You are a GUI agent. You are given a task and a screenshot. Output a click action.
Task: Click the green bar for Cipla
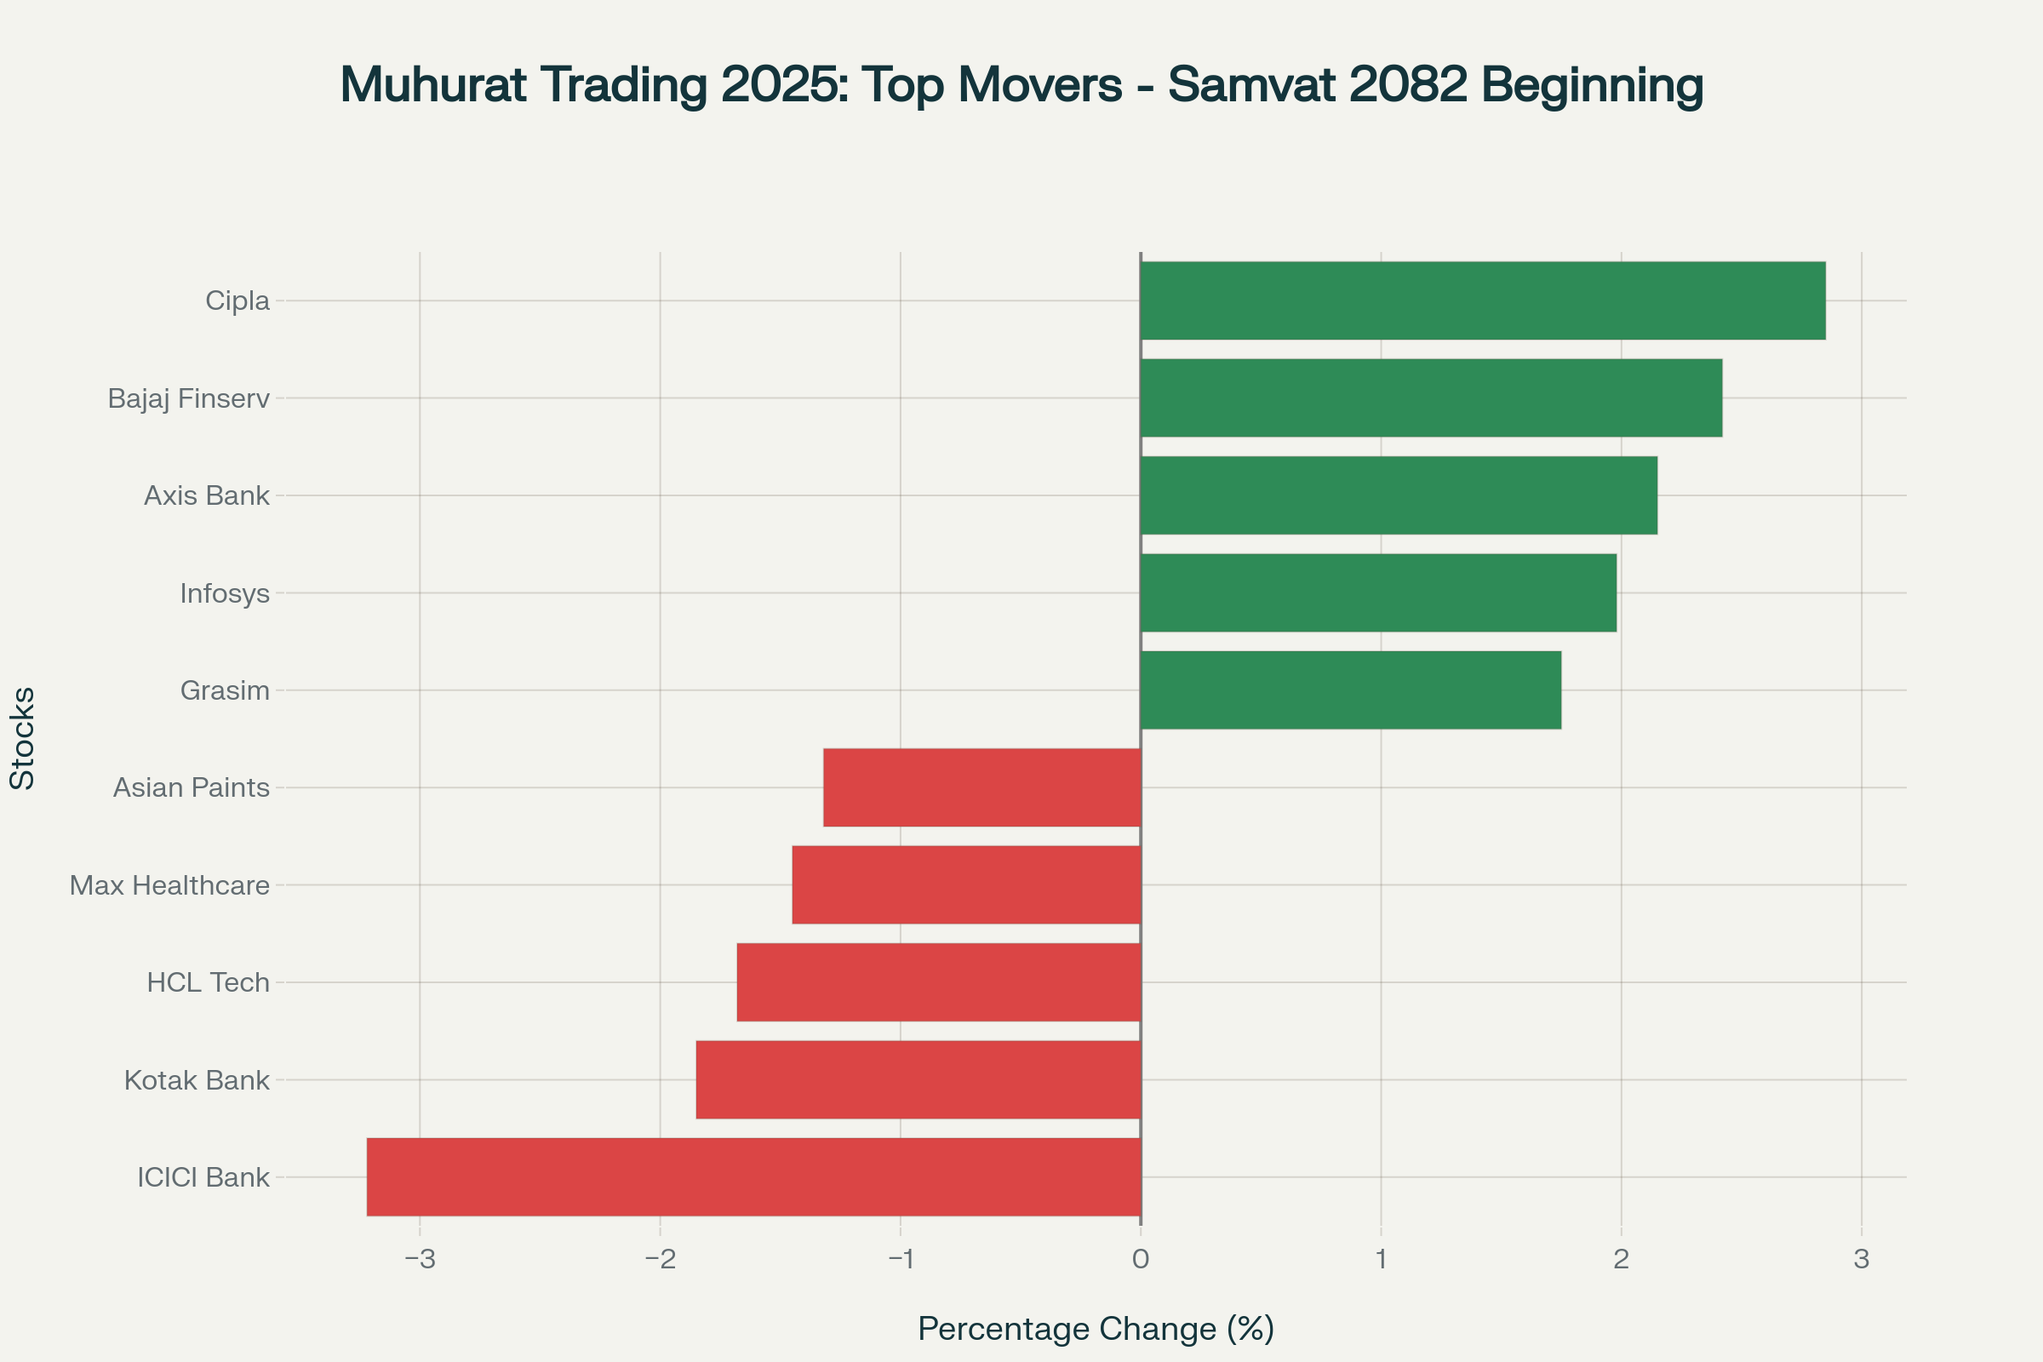pyautogui.click(x=1483, y=300)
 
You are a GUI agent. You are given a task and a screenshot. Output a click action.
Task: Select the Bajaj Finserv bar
pyautogui.click(x=1431, y=398)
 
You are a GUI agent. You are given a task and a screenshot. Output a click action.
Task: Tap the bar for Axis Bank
pyautogui.click(x=1399, y=495)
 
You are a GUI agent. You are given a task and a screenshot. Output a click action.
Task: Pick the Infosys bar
pyautogui.click(x=1378, y=593)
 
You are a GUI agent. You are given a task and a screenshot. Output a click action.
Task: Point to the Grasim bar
pyautogui.click(x=1351, y=690)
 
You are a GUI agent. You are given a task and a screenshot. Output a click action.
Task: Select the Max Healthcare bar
pyautogui.click(x=966, y=885)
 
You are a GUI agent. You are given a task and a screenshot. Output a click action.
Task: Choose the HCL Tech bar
pyautogui.click(x=938, y=982)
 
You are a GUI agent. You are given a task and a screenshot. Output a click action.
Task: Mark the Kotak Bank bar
pyautogui.click(x=918, y=1079)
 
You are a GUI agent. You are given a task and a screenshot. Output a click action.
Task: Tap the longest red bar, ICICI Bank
pyautogui.click(x=753, y=1177)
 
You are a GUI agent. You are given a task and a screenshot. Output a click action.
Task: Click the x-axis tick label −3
pyautogui.click(x=421, y=1259)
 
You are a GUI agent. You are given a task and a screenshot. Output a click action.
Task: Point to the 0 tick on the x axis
pyautogui.click(x=1141, y=1259)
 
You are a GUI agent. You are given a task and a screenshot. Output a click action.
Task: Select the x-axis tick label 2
pyautogui.click(x=1621, y=1259)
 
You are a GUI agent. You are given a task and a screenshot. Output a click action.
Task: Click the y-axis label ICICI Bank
pyautogui.click(x=203, y=1178)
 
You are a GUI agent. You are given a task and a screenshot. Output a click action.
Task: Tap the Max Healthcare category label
pyautogui.click(x=169, y=886)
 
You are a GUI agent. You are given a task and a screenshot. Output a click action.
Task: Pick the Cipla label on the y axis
pyautogui.click(x=237, y=300)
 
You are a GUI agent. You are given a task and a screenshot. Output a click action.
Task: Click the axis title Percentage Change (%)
pyautogui.click(x=1096, y=1329)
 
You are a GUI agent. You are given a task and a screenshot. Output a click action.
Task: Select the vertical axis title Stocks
pyautogui.click(x=22, y=738)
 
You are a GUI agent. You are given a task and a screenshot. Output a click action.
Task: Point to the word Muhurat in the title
pyautogui.click(x=432, y=85)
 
